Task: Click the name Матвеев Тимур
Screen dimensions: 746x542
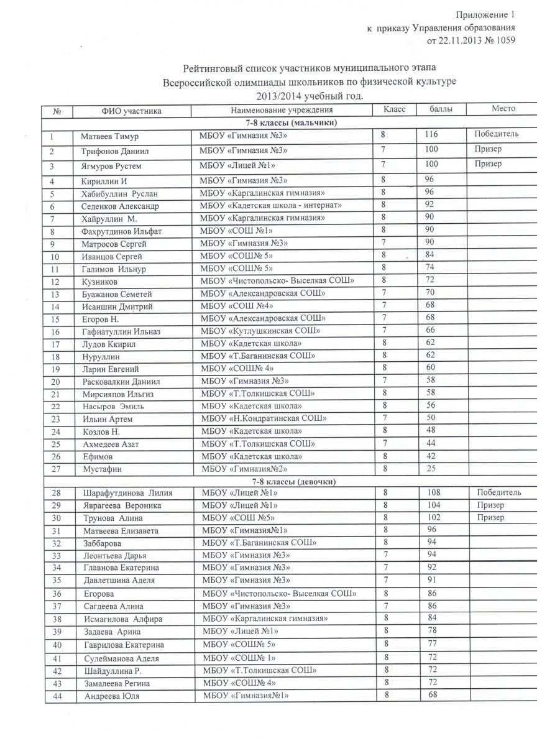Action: pos(109,136)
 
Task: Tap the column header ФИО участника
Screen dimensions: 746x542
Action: pos(132,111)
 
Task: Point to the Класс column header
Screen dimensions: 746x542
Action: pos(394,109)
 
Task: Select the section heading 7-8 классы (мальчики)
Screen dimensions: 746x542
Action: pos(291,122)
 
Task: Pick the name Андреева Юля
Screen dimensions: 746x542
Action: pos(111,697)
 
